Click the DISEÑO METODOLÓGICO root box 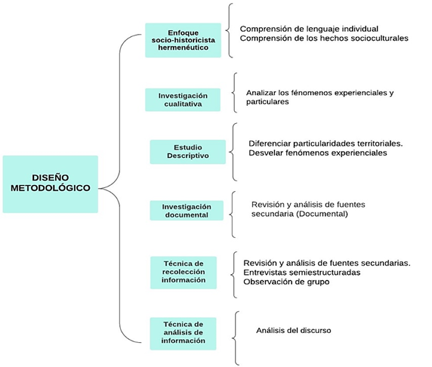point(51,184)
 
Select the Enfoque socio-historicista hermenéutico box point(184,40)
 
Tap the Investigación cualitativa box point(183,100)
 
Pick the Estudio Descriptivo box point(188,152)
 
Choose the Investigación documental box point(187,211)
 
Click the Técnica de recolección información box point(184,273)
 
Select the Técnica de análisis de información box point(184,334)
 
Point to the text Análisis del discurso point(294,330)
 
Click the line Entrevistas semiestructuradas point(302,273)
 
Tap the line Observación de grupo point(286,282)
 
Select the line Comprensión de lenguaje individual point(309,29)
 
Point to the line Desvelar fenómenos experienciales point(318,153)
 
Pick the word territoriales point(380,143)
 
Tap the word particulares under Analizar point(267,102)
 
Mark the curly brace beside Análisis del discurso point(234,338)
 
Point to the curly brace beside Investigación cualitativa point(233,93)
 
